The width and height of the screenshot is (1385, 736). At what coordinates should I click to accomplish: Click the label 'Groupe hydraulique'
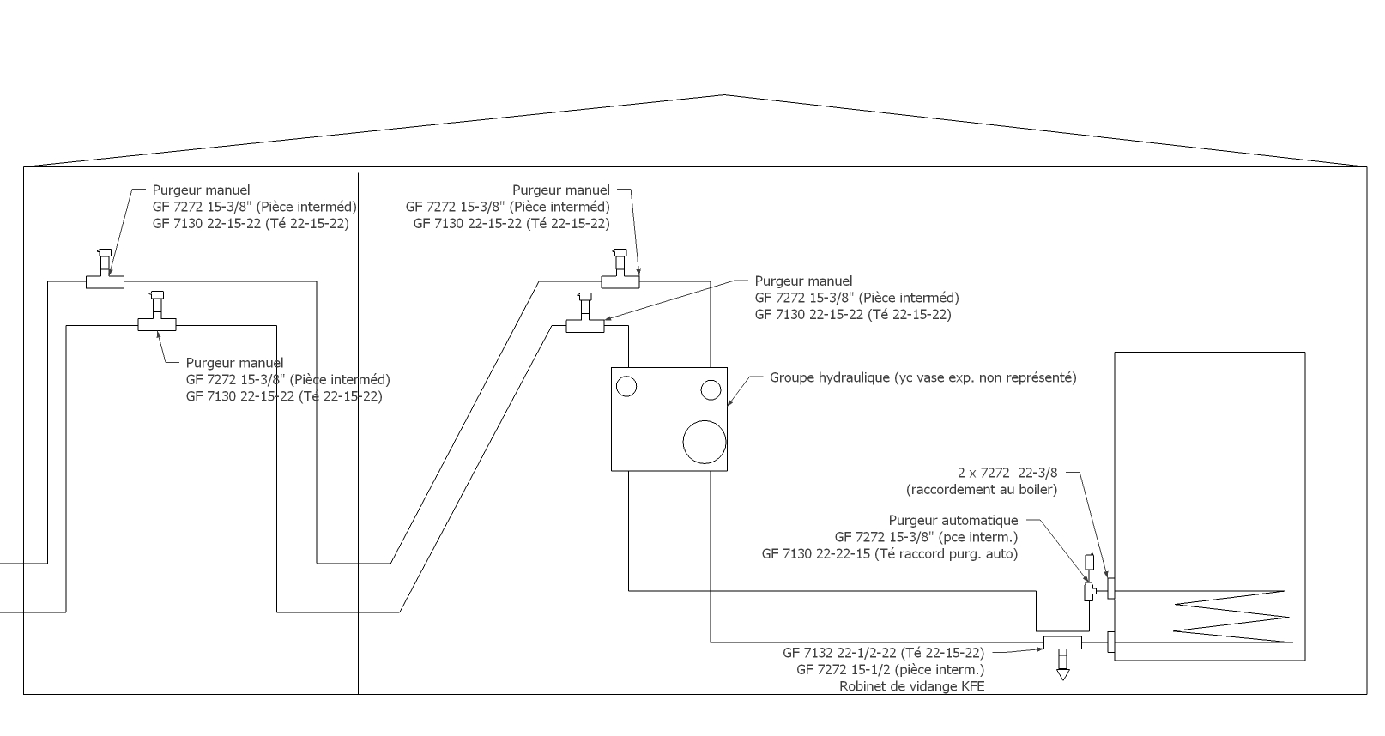[830, 377]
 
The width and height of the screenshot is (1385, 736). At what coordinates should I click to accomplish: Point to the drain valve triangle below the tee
[1063, 675]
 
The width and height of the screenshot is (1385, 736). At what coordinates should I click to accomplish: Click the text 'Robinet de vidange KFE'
[912, 686]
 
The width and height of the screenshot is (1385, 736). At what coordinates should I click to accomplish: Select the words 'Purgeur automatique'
[953, 521]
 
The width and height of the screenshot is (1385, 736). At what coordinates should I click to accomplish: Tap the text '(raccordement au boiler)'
[982, 490]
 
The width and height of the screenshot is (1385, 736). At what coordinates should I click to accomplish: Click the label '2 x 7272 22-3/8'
[1007, 473]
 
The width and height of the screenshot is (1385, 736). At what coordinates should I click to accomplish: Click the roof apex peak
[724, 94]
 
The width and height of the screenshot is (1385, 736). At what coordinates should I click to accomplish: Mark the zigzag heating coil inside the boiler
[1232, 617]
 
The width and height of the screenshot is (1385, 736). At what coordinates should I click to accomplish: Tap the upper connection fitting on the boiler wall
[1110, 588]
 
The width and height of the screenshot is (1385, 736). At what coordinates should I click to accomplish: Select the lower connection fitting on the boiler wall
[1110, 642]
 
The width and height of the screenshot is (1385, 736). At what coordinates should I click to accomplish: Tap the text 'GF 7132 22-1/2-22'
[839, 653]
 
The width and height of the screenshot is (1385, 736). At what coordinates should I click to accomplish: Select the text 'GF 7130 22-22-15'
[818, 553]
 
